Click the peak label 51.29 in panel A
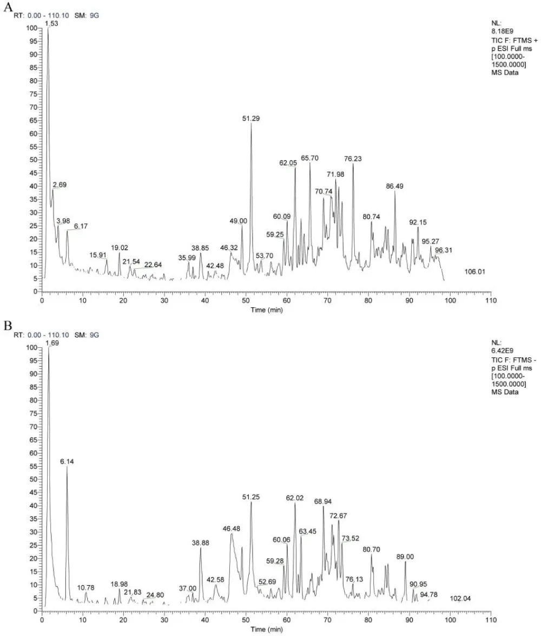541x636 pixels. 251,118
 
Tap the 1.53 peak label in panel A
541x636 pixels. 51,24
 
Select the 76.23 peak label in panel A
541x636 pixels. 353,158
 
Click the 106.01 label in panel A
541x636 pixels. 475,271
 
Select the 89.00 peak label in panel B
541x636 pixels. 405,556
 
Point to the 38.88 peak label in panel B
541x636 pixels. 201,542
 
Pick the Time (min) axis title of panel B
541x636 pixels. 266,629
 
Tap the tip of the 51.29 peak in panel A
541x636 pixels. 251,124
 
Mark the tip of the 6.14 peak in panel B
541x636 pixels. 67,466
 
